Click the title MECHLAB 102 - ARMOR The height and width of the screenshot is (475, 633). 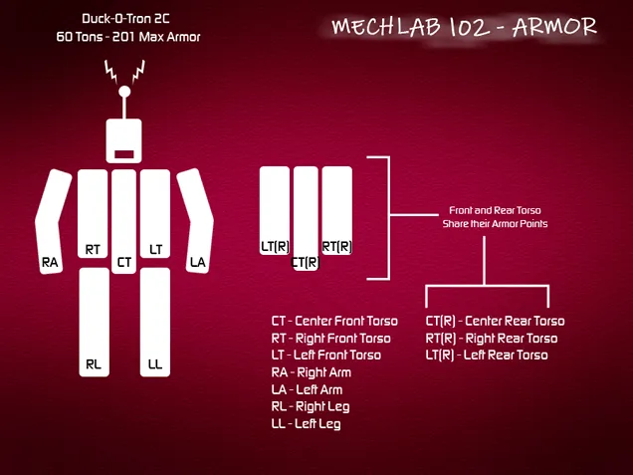coord(464,27)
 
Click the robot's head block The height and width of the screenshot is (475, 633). coord(124,140)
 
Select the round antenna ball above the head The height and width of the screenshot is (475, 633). coord(124,92)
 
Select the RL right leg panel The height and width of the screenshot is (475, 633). coord(94,321)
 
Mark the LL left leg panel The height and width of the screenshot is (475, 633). coord(155,321)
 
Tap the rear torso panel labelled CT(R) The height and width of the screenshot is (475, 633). coord(306,219)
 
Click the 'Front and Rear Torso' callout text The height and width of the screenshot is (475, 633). coord(495,211)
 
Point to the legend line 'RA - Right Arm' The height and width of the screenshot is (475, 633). coord(311,372)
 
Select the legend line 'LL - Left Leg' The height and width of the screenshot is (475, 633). coord(306,424)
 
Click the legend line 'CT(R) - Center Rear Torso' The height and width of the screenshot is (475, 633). coord(495,321)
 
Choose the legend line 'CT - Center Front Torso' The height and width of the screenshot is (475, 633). coord(334,321)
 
